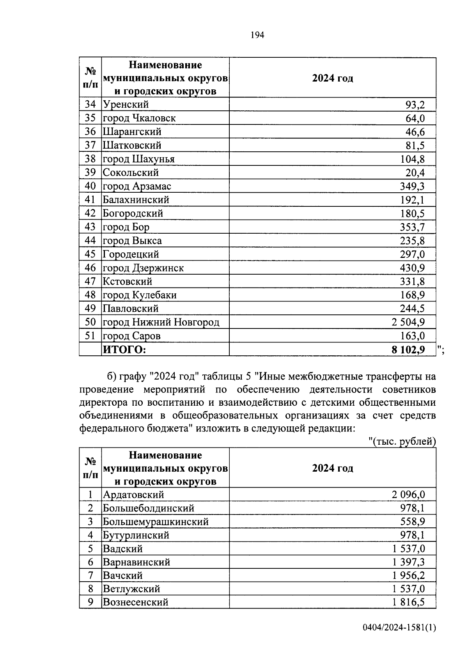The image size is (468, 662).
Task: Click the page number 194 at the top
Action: point(257,35)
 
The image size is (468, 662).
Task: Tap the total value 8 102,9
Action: point(408,350)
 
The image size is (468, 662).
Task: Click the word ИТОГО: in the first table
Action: point(124,350)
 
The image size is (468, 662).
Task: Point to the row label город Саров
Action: point(131,336)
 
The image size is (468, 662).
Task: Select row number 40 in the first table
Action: point(90,186)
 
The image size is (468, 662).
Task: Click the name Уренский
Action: point(126,105)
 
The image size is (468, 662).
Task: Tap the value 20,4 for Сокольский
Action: point(415,172)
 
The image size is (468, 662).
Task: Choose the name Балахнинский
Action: point(136,200)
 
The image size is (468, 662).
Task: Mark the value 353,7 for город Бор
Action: point(412,227)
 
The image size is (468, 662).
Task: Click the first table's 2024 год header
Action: point(332,78)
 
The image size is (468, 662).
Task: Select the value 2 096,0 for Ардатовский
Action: point(408,495)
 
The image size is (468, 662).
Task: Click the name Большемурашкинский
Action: point(156,522)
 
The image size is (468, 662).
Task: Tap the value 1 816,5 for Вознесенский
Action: point(408,602)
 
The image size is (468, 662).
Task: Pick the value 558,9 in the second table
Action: point(413,522)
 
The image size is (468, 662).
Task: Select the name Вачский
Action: point(122,575)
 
